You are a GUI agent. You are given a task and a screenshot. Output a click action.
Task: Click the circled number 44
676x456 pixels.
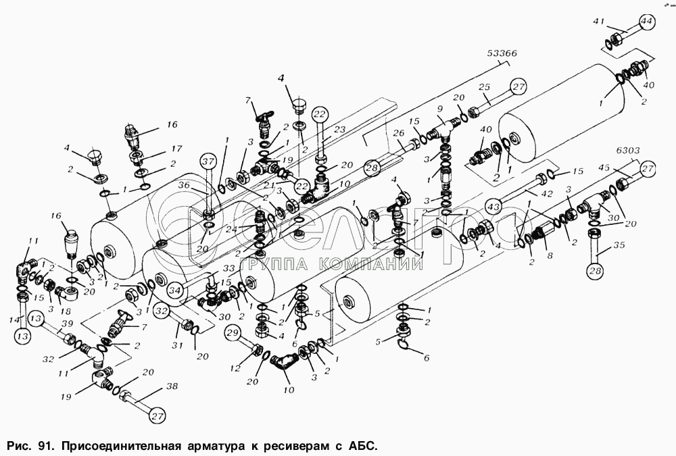tap(646, 22)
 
